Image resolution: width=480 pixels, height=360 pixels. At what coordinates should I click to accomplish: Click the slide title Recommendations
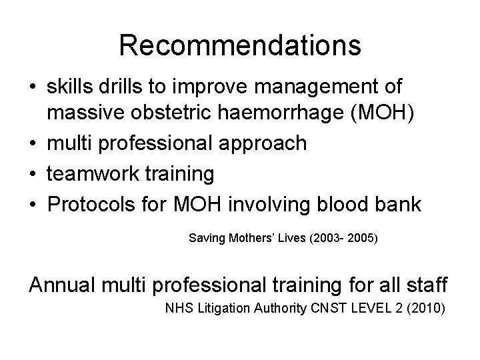240,46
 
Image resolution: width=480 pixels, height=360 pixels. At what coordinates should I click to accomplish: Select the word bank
397,204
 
